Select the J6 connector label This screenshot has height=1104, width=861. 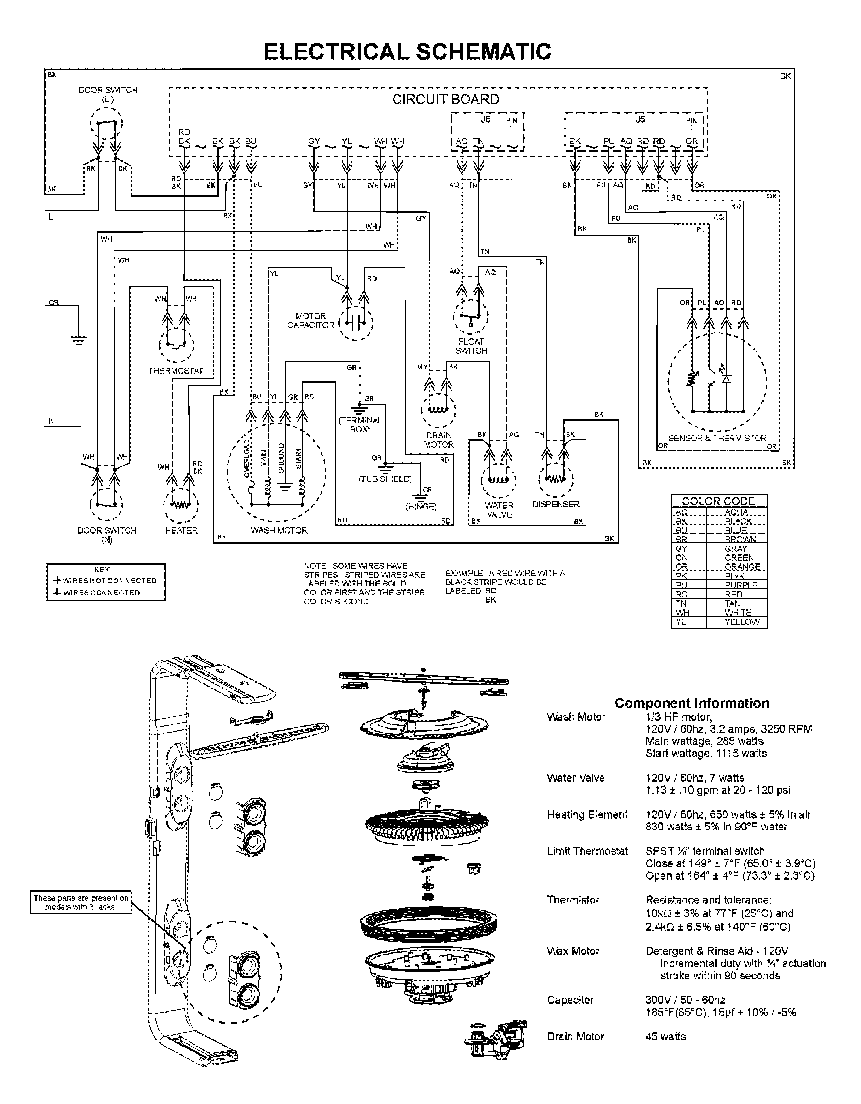(485, 119)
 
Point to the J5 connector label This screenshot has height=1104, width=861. (640, 119)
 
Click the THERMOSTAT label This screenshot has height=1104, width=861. (176, 370)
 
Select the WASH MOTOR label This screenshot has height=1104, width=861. (279, 530)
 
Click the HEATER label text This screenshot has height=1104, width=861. (181, 530)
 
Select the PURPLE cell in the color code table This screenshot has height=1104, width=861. (741, 585)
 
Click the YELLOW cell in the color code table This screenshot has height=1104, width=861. (742, 622)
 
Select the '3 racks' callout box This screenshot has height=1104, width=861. (81, 902)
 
